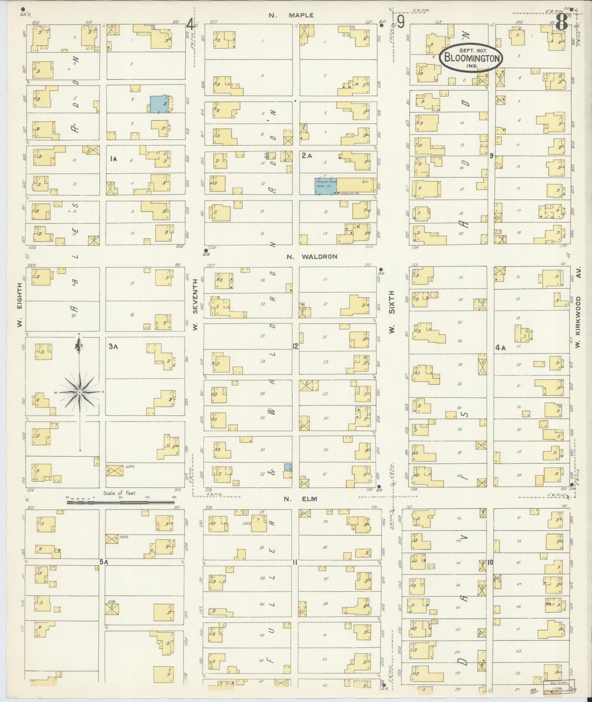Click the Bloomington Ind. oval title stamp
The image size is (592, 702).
pyautogui.click(x=470, y=59)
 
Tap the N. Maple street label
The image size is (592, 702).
pyautogui.click(x=291, y=15)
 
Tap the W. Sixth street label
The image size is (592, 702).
pyautogui.click(x=392, y=311)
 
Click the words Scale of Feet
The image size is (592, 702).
pyautogui.click(x=120, y=494)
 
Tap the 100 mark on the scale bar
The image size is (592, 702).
pyautogui.click(x=147, y=497)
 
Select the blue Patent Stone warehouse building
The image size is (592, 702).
pyautogui.click(x=325, y=186)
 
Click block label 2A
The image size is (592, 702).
pyautogui.click(x=307, y=156)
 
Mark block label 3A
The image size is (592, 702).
pyautogui.click(x=113, y=346)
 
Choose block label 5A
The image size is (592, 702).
pyautogui.click(x=103, y=562)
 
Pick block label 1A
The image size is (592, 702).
pyautogui.click(x=113, y=159)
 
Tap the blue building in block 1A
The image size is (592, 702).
pyautogui.click(x=159, y=104)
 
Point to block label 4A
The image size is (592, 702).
pyautogui.click(x=500, y=348)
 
